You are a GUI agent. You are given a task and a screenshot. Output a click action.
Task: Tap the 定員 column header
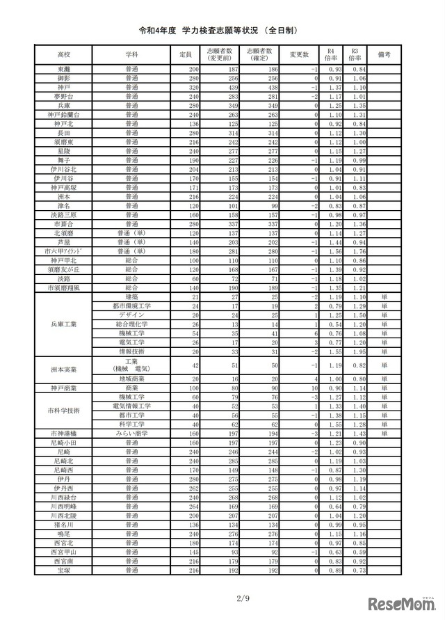click(x=184, y=54)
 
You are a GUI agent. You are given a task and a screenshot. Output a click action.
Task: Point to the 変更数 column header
click(x=299, y=54)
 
